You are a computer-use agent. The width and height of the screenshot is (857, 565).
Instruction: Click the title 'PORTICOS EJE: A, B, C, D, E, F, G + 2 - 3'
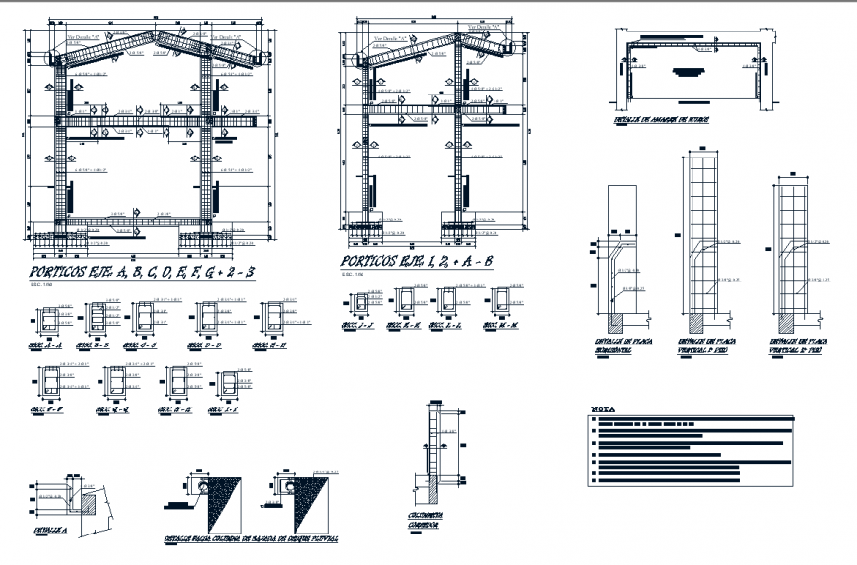[142, 273]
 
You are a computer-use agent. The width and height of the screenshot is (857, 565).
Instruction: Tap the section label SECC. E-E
[270, 346]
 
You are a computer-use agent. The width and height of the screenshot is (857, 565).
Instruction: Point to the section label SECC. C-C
[140, 346]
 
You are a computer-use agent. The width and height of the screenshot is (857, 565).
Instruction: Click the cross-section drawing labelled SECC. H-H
[177, 383]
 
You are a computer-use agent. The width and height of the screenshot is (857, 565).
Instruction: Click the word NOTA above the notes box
[603, 408]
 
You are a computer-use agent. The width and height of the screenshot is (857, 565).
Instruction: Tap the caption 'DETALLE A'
[50, 530]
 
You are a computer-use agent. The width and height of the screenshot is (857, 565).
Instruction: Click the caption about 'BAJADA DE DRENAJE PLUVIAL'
[252, 539]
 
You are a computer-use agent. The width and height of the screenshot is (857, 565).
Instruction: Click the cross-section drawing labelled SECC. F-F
[50, 383]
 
